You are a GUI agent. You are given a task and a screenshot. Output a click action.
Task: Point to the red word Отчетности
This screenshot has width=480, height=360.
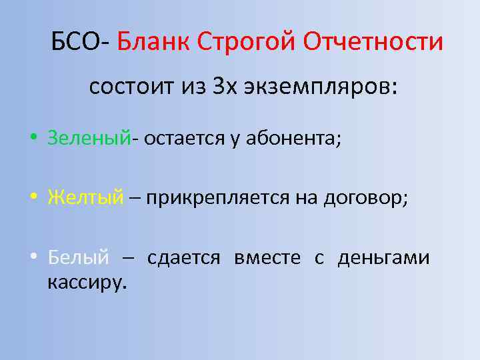pos(373,43)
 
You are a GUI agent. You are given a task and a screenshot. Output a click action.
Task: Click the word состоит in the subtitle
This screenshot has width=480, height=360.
pos(127,87)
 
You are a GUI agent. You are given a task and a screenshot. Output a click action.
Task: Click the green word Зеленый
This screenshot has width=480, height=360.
pos(88,138)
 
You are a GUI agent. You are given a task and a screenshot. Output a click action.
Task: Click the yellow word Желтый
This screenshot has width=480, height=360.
pos(85,197)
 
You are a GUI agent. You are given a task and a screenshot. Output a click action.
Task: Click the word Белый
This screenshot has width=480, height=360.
pos(77,257)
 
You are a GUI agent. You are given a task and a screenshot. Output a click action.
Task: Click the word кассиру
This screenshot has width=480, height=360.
pos(86,282)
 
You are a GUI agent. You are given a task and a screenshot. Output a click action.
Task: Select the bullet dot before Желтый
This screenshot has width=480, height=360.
pos(33,199)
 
